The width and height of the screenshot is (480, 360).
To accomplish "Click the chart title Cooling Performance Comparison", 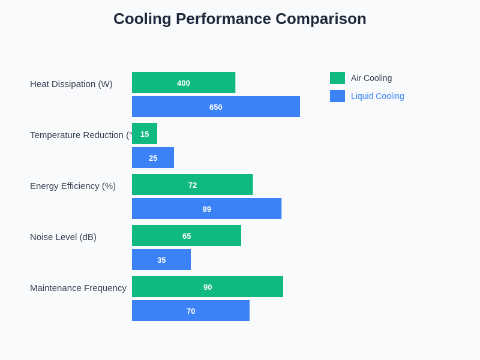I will (x=239, y=19).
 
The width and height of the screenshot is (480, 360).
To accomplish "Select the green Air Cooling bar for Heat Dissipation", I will (x=184, y=83).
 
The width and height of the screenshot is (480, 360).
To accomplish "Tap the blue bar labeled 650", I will (x=216, y=107).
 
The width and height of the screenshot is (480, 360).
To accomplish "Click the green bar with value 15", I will (x=145, y=134).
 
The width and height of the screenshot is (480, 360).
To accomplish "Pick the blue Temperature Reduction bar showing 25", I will (x=153, y=158).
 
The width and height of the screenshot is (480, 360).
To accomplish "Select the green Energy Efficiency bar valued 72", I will (x=192, y=185).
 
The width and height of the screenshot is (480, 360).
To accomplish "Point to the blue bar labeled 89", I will (x=206, y=209).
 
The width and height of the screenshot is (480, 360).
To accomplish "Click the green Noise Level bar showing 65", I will (x=187, y=236).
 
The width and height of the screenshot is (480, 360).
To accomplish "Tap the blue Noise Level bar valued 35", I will (x=161, y=260).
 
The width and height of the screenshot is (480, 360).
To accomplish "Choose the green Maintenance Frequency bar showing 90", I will (x=208, y=287).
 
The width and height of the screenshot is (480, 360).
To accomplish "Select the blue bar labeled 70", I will (x=191, y=311).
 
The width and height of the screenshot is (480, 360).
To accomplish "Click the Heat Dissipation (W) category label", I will (x=71, y=84).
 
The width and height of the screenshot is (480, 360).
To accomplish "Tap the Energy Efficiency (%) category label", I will (x=73, y=186).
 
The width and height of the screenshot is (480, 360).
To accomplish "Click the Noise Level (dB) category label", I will (x=63, y=237).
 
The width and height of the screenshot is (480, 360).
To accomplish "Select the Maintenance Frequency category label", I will (x=78, y=288).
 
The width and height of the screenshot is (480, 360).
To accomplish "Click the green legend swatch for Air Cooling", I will (x=337, y=78).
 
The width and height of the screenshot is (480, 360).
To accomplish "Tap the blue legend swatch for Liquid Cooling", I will (x=337, y=96).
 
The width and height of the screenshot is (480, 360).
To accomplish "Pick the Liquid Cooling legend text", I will (x=377, y=96).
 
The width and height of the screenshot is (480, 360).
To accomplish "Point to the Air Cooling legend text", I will (x=371, y=78).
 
